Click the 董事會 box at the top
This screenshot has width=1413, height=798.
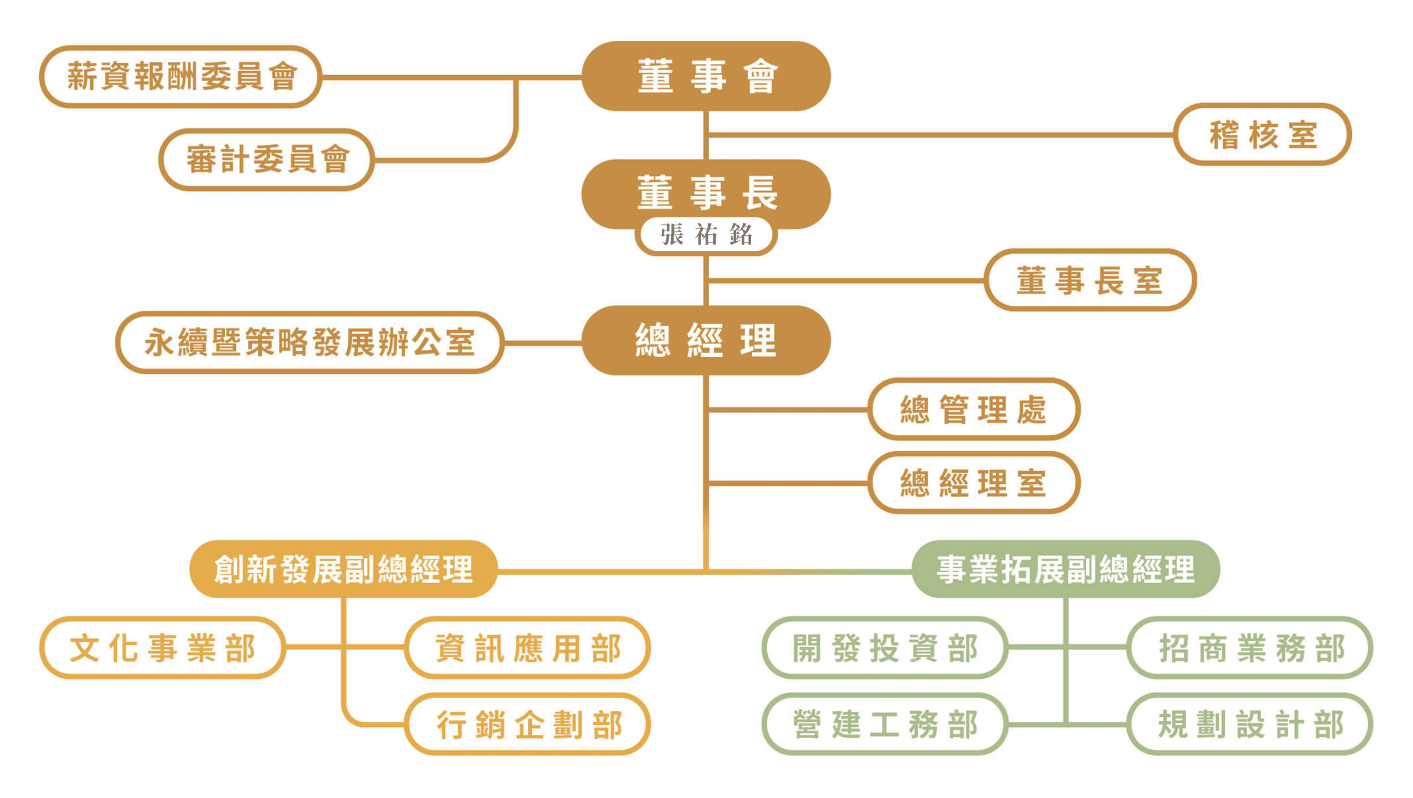706,76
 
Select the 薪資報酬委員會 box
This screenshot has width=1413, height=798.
180,76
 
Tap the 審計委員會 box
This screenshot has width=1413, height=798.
267,160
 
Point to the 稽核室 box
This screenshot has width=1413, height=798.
1262,134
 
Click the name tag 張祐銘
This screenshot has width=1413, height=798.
706,235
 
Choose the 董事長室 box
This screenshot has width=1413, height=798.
1090,280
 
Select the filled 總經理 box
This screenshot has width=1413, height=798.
706,340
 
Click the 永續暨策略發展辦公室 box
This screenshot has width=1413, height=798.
310,342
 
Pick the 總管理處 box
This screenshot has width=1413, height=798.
974,409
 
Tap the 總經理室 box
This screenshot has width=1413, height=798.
974,483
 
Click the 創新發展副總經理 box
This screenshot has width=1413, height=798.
343,569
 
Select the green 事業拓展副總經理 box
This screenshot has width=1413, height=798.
1065,569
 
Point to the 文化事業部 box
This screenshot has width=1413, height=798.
162,647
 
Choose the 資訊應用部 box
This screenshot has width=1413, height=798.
528,647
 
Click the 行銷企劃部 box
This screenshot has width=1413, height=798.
528,724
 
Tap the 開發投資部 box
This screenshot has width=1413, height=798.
885,647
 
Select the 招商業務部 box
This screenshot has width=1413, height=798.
1250,647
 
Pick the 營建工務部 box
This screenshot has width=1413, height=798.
885,724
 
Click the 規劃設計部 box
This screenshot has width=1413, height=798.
1250,724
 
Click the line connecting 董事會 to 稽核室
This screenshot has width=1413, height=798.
938,134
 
